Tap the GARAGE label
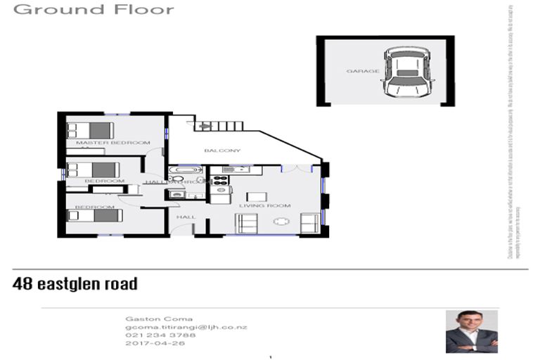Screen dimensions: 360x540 (x=363, y=71)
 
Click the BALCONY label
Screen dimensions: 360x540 (x=222, y=150)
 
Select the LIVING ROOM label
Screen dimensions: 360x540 (x=264, y=205)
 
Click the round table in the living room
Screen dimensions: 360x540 (x=282, y=222)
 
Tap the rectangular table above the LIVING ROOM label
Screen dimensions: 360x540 (x=257, y=196)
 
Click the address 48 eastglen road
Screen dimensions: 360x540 (x=75, y=284)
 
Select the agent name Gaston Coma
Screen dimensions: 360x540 (x=148, y=319)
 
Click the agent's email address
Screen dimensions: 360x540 (x=186, y=328)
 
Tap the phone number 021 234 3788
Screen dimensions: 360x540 (x=152, y=336)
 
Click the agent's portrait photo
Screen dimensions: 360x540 (x=471, y=331)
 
